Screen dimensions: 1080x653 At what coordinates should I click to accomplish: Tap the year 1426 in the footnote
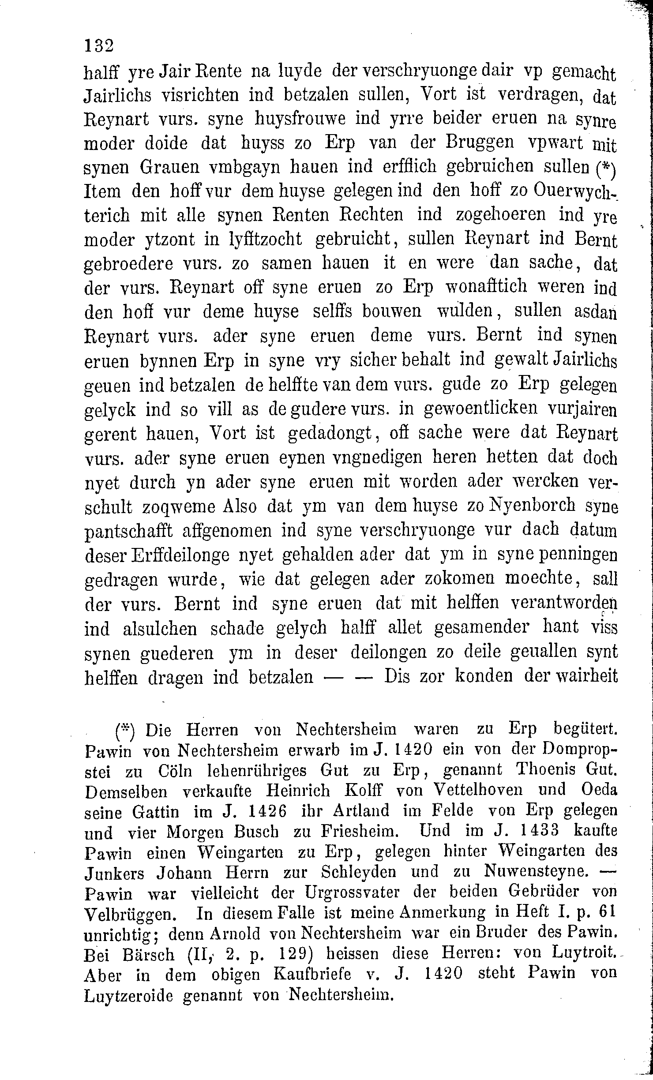click(x=265, y=811)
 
